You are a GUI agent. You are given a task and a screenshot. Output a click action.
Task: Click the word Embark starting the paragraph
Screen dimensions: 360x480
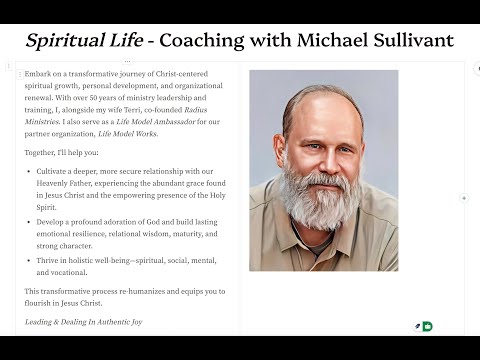(38, 75)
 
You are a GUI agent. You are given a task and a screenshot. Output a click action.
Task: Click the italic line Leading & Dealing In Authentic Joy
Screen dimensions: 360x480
(84, 322)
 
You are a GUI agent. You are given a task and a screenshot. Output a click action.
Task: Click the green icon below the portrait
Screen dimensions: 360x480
(428, 326)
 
